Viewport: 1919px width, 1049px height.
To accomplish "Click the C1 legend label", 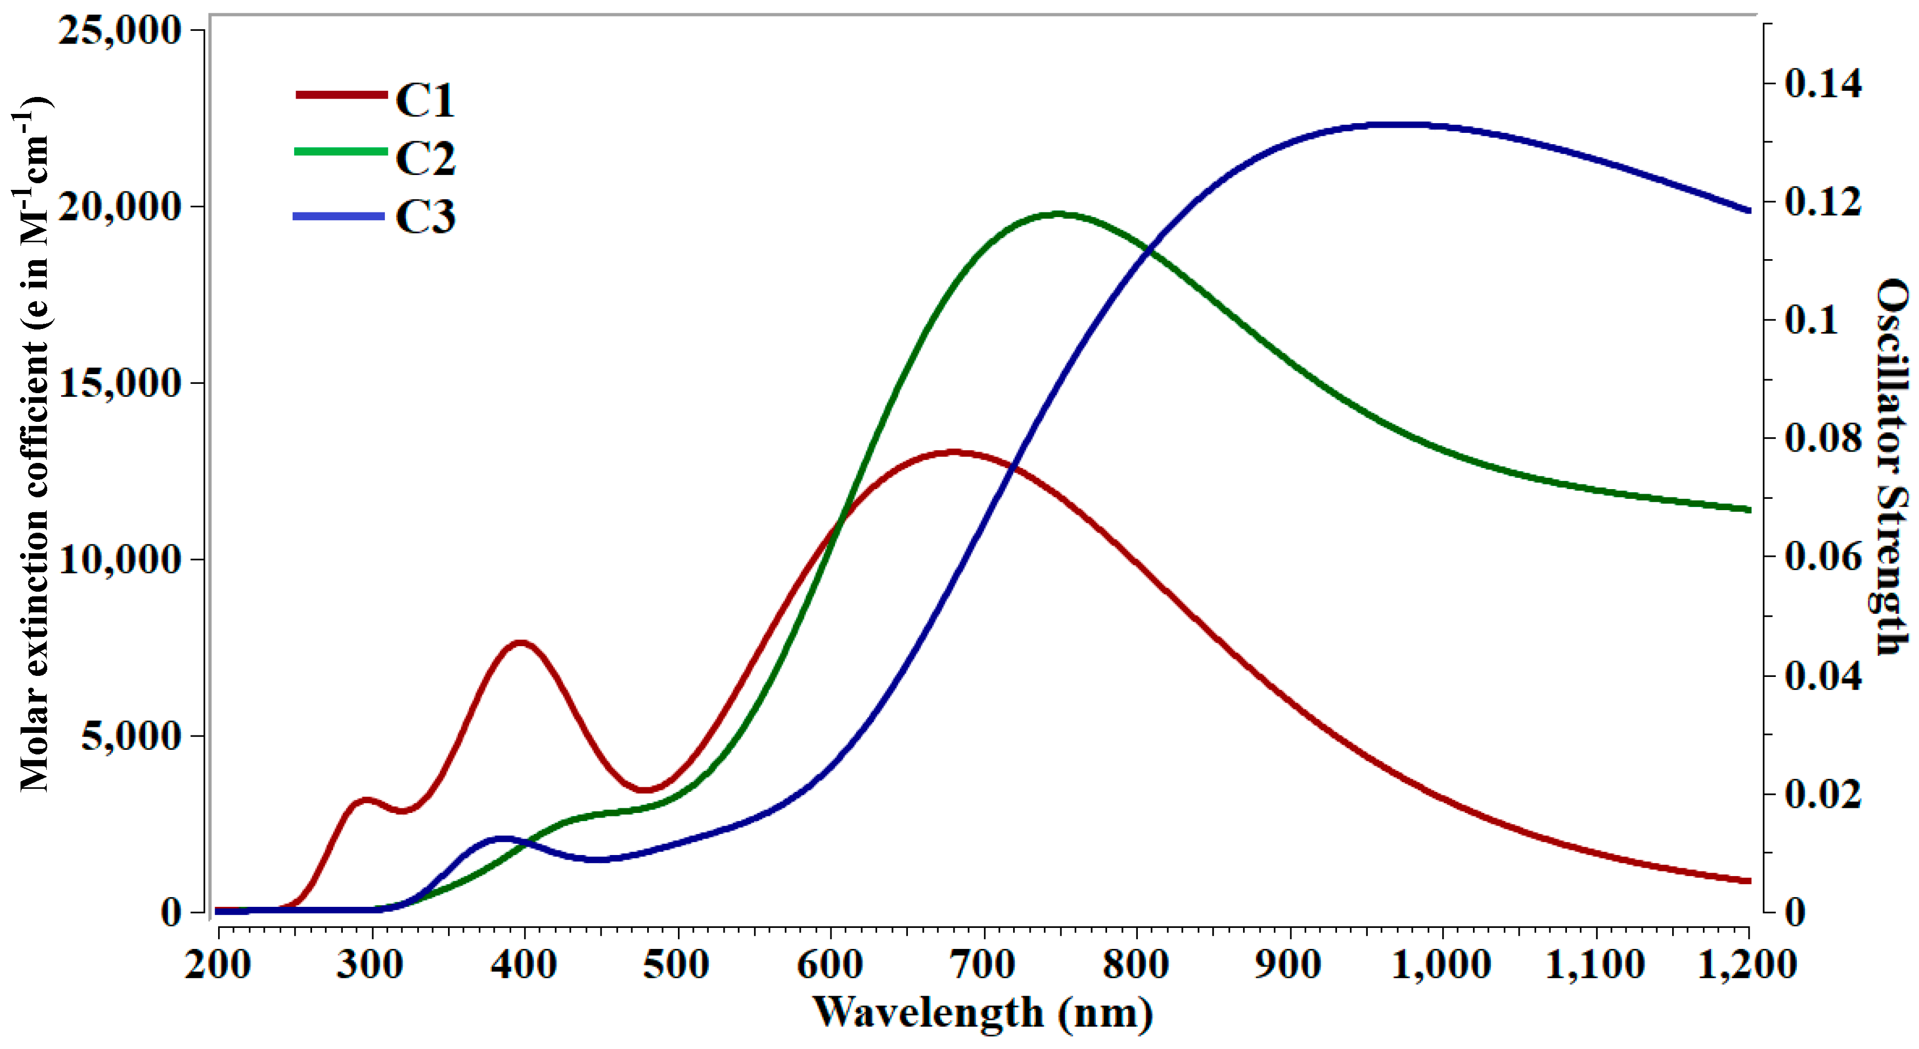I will (424, 100).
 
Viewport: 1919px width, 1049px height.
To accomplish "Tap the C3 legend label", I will (424, 218).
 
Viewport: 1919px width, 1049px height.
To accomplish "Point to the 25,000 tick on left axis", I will (121, 31).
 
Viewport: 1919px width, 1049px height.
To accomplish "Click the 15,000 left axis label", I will (121, 384).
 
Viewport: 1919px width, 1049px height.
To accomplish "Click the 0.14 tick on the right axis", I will (1822, 84).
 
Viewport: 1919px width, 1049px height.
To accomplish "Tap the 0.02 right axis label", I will (1822, 794).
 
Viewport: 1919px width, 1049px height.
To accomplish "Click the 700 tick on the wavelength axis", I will (984, 965).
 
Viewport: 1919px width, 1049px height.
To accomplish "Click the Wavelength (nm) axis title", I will (983, 1013).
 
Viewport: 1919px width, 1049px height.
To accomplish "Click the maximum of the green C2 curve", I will (1058, 215).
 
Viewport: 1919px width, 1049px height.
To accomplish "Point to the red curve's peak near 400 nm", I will (520, 642).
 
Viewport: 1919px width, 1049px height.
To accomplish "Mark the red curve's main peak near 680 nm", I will (954, 452).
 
